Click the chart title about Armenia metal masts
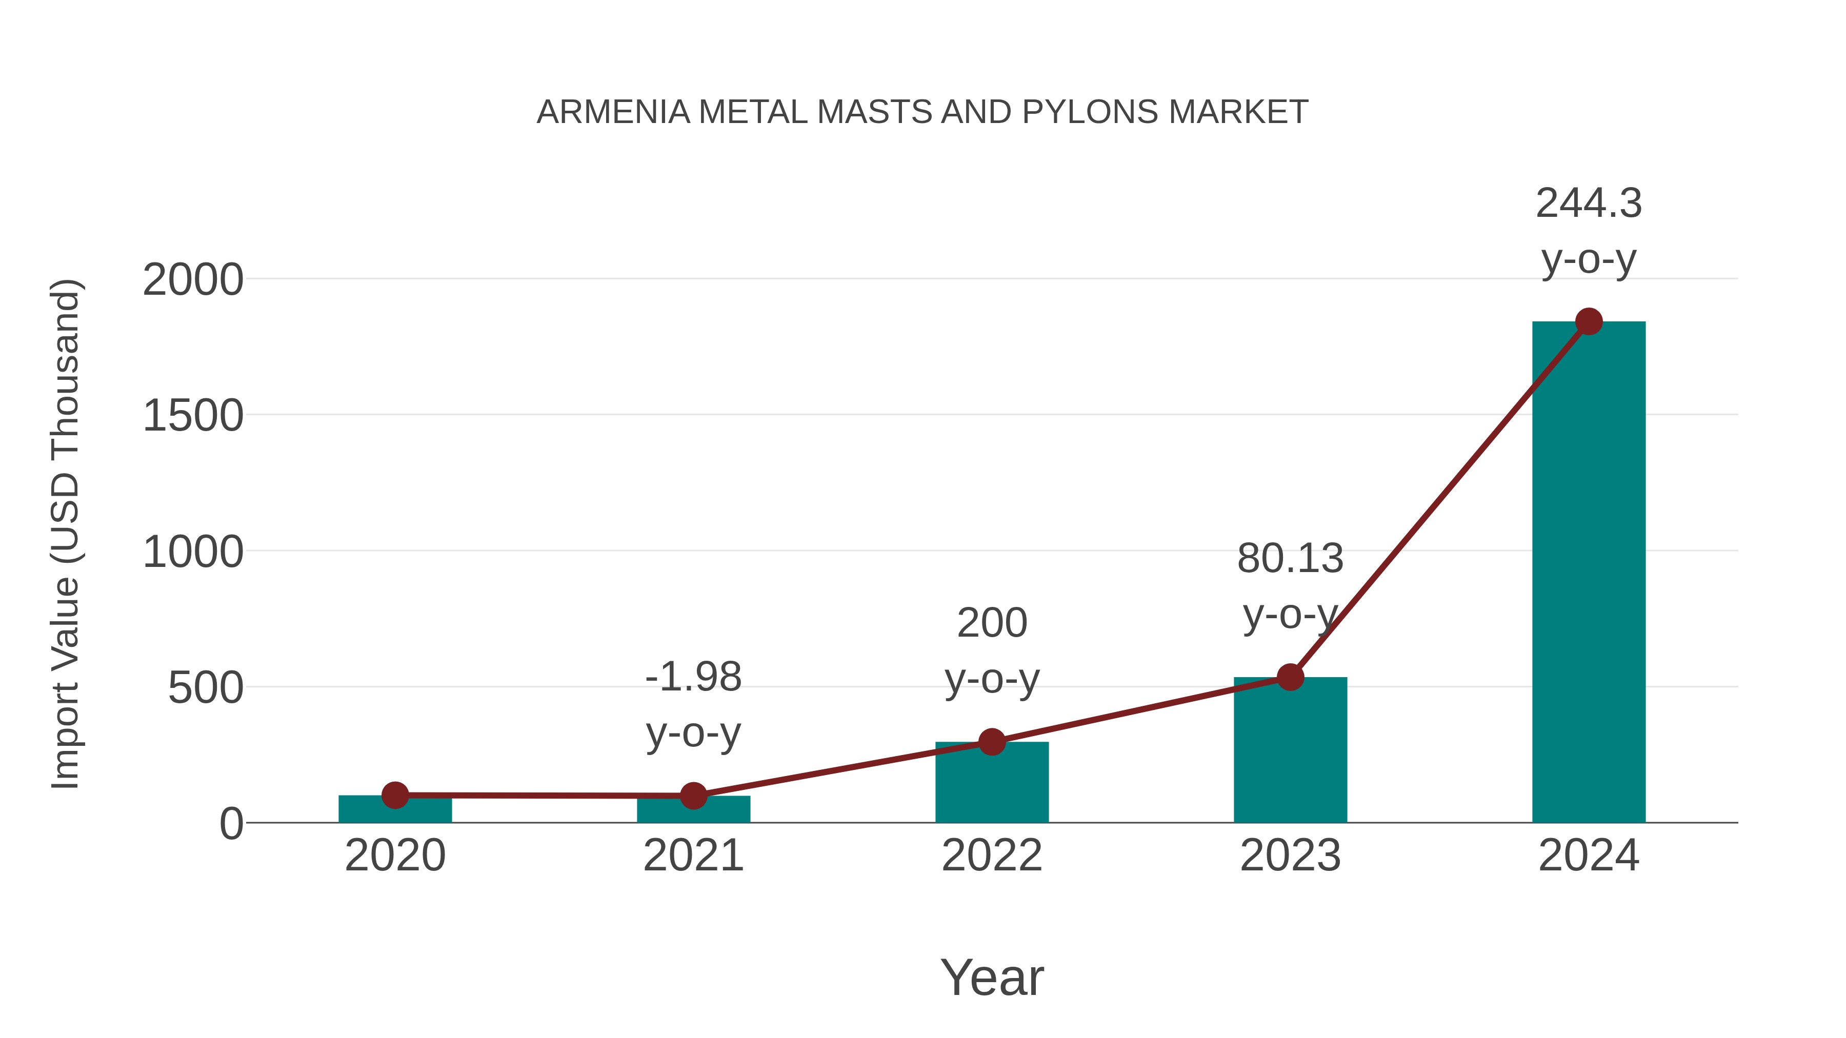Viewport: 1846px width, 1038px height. pos(922,112)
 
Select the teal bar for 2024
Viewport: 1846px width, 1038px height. pos(1589,573)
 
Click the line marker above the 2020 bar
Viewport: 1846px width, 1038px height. pos(395,795)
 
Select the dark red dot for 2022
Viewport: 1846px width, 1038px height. pos(992,742)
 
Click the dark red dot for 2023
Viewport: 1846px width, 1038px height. pos(1290,677)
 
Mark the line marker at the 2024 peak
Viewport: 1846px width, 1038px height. pos(1589,321)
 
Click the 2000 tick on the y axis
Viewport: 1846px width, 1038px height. pos(193,279)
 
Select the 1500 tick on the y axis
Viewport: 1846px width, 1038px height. pos(193,416)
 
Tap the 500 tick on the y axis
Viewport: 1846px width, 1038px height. pos(205,688)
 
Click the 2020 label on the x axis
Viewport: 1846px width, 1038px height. pos(395,856)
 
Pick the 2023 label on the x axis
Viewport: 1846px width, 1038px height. pos(1290,856)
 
